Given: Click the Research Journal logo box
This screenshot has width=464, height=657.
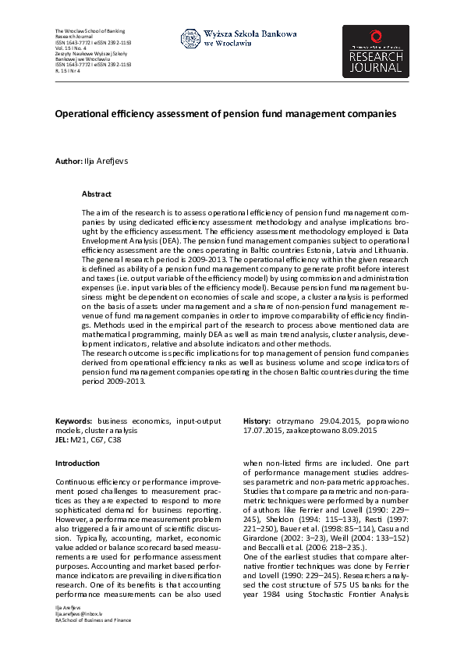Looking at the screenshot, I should [x=375, y=51].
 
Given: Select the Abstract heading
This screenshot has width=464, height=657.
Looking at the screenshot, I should [x=97, y=194].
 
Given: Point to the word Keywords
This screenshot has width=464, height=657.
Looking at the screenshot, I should [x=74, y=421].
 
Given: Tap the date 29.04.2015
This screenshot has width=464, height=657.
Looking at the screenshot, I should [x=325, y=421].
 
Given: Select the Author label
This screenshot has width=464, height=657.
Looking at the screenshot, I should [x=68, y=161].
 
